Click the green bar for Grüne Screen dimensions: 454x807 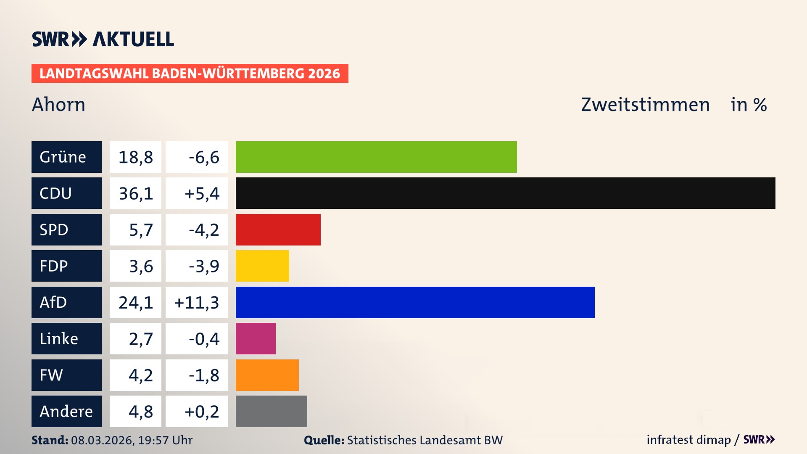pos(376,157)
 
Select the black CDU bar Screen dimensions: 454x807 pos(505,193)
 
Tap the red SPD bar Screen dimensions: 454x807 pos(278,230)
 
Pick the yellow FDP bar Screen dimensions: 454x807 pos(262,266)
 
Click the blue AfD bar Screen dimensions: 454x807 pos(415,302)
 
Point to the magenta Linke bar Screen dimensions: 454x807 pos(256,338)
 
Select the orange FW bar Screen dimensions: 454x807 pos(267,375)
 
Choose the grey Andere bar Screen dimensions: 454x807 pos(271,411)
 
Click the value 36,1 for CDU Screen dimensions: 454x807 pos(135,193)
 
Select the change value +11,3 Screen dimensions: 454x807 pos(197,303)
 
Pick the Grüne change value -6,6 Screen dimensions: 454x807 pos(204,157)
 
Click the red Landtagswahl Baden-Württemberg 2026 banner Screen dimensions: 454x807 pos(190,74)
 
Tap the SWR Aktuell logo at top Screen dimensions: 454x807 pos(103,39)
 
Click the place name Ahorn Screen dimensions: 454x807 pos(58,104)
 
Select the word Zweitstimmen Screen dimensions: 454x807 pos(645,105)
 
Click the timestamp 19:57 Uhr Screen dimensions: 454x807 pos(165,440)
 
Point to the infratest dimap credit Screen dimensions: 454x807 pos(688,440)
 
